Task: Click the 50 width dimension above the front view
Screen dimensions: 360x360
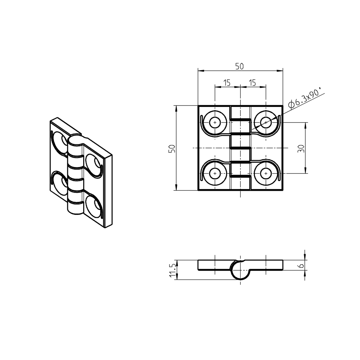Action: click(239, 66)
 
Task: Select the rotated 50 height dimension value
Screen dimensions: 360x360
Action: click(172, 149)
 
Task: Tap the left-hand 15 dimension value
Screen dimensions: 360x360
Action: click(227, 83)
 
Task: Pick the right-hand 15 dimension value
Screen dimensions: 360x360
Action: click(252, 83)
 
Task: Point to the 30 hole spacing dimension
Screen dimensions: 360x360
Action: click(301, 148)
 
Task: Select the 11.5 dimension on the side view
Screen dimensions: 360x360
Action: click(173, 270)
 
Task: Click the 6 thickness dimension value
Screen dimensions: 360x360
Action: click(301, 265)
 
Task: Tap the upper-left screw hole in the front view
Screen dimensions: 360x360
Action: click(215, 123)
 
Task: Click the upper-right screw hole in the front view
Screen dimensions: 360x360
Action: click(266, 123)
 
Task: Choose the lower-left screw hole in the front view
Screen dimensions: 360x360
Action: click(215, 174)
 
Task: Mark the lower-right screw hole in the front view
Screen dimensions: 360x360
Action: click(266, 174)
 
